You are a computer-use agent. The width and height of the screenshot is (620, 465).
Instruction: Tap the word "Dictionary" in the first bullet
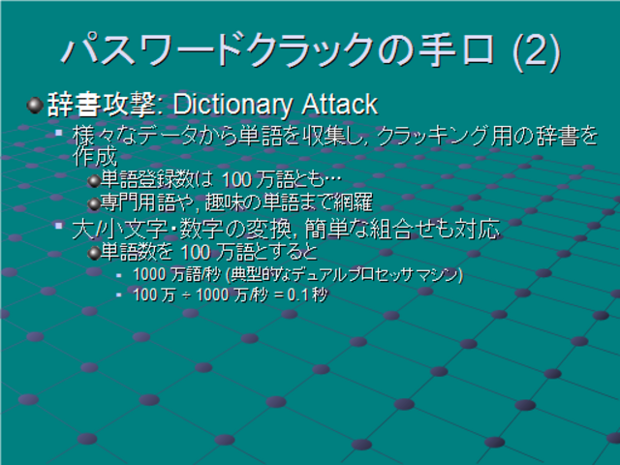tap(232, 105)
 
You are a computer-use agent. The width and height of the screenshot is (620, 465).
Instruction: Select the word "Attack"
tap(339, 104)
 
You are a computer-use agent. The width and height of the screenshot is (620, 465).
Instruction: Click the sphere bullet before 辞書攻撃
tap(35, 106)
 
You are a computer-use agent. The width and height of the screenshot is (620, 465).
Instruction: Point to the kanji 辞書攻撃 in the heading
tap(101, 105)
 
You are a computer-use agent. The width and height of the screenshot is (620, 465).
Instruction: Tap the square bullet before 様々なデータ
tap(59, 133)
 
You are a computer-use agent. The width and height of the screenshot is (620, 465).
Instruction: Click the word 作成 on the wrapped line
tap(95, 157)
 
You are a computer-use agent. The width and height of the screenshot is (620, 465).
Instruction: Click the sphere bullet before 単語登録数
tap(94, 181)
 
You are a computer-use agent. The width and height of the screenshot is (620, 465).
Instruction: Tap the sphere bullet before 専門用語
tap(94, 204)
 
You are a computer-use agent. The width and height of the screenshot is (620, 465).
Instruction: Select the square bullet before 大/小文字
tap(59, 226)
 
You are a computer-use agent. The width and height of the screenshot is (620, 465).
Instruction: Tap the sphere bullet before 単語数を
tap(94, 253)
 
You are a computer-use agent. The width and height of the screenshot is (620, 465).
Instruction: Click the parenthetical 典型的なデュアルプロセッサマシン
tap(344, 274)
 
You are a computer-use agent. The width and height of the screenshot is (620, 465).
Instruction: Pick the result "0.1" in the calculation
tap(298, 294)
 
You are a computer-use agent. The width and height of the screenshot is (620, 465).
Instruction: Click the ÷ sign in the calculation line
tap(186, 295)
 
